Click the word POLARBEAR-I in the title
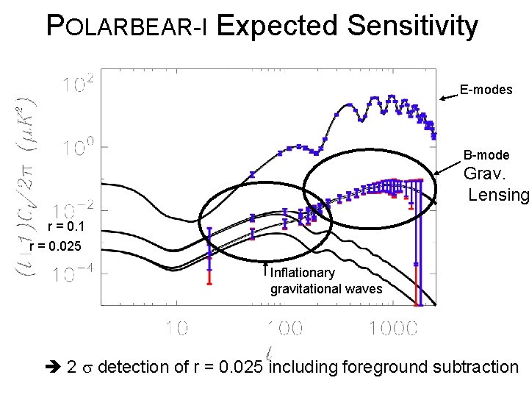(129, 26)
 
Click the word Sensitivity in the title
(412, 26)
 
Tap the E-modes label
(486, 90)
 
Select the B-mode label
(486, 155)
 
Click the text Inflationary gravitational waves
(325, 281)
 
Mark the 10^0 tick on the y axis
(77, 149)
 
